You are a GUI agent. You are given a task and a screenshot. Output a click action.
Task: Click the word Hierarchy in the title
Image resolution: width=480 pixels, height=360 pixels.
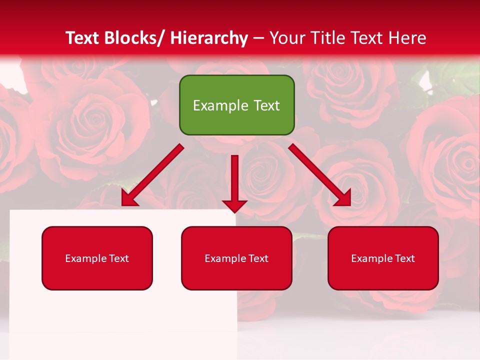208,38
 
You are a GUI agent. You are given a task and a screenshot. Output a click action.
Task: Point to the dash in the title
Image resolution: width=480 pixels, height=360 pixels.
258,38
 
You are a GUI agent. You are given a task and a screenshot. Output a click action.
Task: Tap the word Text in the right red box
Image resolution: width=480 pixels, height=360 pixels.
404,258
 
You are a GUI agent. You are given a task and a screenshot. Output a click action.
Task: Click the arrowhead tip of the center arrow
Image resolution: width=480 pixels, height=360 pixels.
234,210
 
